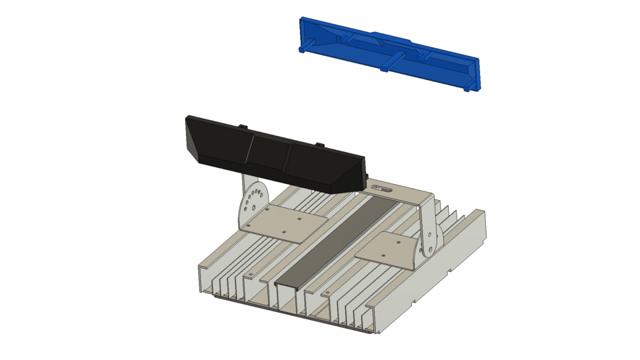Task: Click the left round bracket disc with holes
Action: (253, 199)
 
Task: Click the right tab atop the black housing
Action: (319, 144)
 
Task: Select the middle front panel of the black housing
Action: (269, 154)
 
